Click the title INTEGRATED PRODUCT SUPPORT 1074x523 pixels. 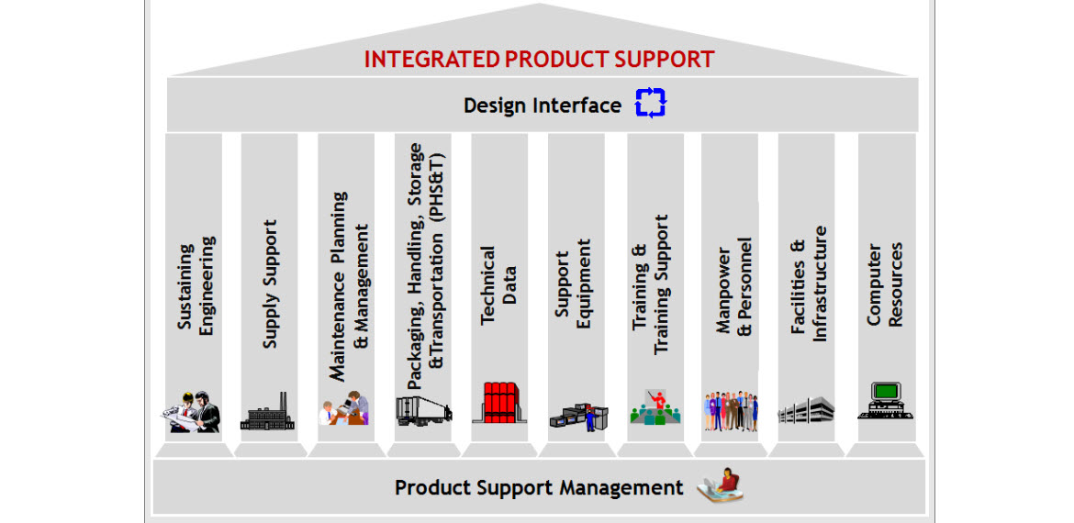click(x=539, y=60)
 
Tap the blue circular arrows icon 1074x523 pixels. click(x=650, y=103)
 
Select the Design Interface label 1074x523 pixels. click(x=542, y=106)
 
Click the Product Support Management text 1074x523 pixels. click(x=539, y=487)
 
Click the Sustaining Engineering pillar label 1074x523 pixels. click(x=196, y=285)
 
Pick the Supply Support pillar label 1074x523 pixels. click(x=269, y=284)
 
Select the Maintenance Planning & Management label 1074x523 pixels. click(x=350, y=285)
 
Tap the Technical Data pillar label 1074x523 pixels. click(x=498, y=284)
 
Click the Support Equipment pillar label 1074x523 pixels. click(x=573, y=284)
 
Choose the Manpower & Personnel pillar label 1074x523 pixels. click(x=733, y=285)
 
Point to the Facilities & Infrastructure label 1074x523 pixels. click(x=809, y=284)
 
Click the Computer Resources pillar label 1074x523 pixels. click(x=885, y=284)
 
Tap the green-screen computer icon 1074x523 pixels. click(x=884, y=400)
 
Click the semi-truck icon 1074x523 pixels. click(x=423, y=409)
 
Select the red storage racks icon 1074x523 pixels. click(x=499, y=403)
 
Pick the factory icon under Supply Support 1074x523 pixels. click(x=269, y=412)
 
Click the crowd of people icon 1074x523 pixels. click(x=732, y=411)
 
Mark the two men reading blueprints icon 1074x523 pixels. click(x=195, y=411)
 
